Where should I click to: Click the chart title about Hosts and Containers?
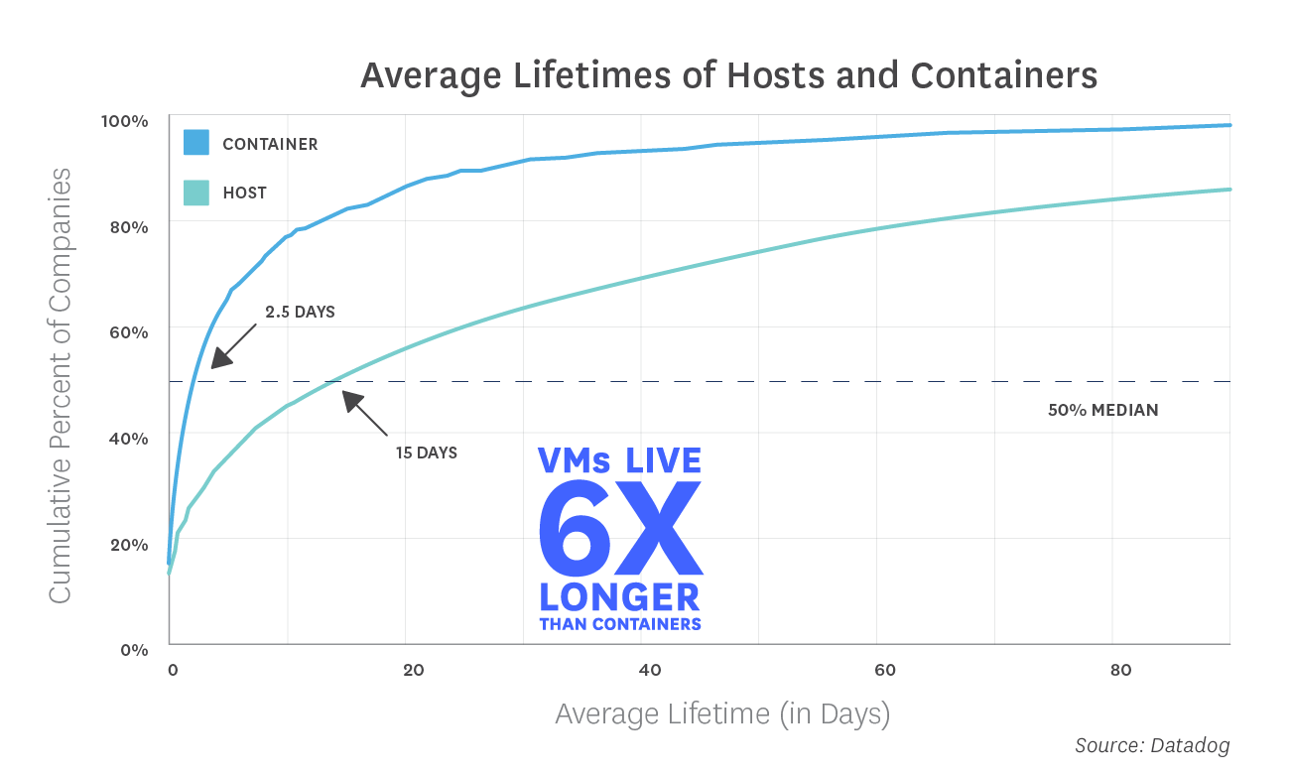pyautogui.click(x=728, y=76)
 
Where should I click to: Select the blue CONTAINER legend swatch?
pyautogui.click(x=196, y=143)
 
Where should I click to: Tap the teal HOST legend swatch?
pyautogui.click(x=196, y=192)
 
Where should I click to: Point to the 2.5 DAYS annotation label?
pyautogui.click(x=300, y=312)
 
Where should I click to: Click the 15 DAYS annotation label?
pyautogui.click(x=426, y=453)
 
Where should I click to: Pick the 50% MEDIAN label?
pyautogui.click(x=1102, y=410)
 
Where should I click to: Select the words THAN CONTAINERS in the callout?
pyautogui.click(x=620, y=624)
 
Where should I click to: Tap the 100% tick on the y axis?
pyautogui.click(x=124, y=121)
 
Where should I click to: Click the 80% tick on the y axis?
pyautogui.click(x=127, y=226)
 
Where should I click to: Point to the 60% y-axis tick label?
pyautogui.click(x=127, y=332)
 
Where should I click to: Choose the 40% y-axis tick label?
pyautogui.click(x=127, y=439)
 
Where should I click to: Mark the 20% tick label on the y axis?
pyautogui.click(x=127, y=545)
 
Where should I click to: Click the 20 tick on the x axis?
pyautogui.click(x=413, y=670)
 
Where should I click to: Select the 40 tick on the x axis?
pyautogui.click(x=649, y=670)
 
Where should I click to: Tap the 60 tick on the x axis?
pyautogui.click(x=884, y=670)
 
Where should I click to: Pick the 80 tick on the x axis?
pyautogui.click(x=1120, y=670)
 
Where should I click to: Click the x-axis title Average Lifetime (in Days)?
pyautogui.click(x=722, y=713)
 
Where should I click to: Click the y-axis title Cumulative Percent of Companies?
pyautogui.click(x=61, y=385)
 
